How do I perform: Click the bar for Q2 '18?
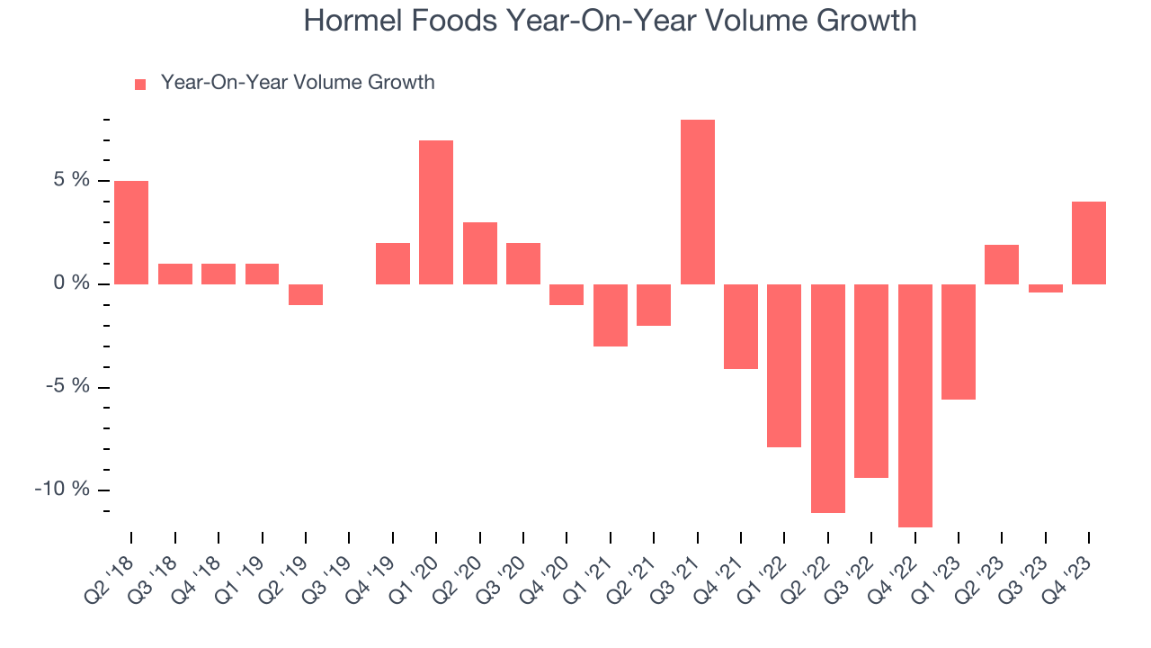pos(131,232)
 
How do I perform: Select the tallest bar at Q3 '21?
pos(698,202)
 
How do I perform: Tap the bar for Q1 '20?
pos(436,212)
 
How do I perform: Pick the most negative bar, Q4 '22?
pos(915,405)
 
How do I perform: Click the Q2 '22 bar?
pos(828,398)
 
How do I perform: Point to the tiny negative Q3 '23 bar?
pos(1046,289)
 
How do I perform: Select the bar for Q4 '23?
pos(1089,243)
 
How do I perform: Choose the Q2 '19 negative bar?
pos(306,294)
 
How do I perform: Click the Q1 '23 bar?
pos(959,342)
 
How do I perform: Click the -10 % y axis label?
pos(62,490)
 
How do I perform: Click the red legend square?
pos(139,85)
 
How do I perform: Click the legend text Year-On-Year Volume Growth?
pos(297,83)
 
